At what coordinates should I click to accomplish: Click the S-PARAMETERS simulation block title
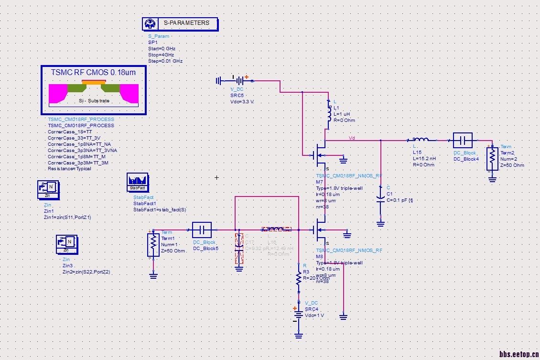[x=186, y=23]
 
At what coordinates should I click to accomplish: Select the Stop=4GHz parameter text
[x=161, y=55]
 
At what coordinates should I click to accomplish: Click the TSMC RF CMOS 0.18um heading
[x=93, y=73]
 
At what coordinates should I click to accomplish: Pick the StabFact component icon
[x=137, y=182]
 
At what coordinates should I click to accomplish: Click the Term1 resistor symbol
[x=153, y=245]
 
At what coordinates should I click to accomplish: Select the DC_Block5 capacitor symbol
[x=202, y=230]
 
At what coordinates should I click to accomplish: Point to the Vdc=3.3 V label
[x=242, y=102]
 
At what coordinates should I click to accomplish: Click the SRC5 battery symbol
[x=238, y=80]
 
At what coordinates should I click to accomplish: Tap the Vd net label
[x=352, y=138]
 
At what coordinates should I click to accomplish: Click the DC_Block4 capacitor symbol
[x=462, y=141]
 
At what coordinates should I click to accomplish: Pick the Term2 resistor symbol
[x=492, y=159]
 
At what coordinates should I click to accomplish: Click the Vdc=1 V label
[x=314, y=315]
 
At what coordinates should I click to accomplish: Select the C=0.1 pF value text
[x=400, y=200]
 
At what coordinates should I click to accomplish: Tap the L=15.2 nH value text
[x=424, y=158]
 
